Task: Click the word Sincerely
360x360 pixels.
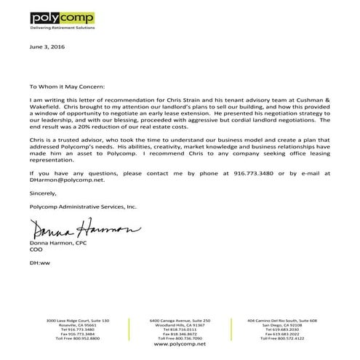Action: (x=42, y=194)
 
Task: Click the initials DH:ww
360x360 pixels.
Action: (x=39, y=261)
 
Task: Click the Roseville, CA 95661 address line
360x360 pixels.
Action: (x=77, y=325)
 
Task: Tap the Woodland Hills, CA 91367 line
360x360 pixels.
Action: (x=179, y=325)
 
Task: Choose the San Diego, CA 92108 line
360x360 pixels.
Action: (x=281, y=325)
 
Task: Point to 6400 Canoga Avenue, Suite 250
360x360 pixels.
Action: (x=179, y=321)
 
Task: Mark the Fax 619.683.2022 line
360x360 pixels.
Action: (x=281, y=334)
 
